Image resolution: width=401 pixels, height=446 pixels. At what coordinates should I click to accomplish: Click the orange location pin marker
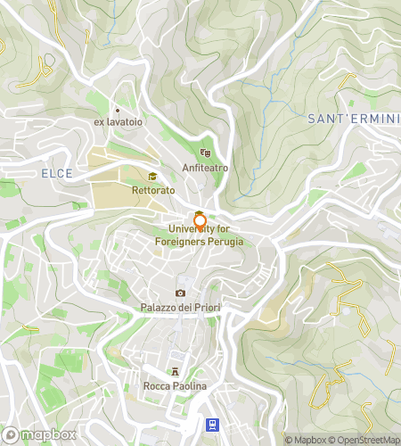200,220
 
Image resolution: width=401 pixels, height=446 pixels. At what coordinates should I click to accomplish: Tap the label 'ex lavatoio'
119,121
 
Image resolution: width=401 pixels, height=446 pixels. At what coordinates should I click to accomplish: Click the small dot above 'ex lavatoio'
117,110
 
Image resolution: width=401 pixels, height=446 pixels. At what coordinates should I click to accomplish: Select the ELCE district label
56,172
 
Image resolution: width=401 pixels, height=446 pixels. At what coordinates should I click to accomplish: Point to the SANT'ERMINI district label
353,119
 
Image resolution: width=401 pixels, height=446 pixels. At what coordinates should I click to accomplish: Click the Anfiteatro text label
205,167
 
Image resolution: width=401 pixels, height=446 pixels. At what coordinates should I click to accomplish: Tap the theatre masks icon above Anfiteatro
205,153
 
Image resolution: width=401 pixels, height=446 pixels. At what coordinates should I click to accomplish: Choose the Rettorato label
152,191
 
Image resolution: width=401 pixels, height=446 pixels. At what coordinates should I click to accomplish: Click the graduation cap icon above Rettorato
152,177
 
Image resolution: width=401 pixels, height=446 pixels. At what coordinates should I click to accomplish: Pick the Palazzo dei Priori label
180,308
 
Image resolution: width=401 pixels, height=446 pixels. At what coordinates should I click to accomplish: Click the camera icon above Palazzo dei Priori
180,293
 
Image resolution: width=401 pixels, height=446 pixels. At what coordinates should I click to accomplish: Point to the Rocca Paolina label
175,385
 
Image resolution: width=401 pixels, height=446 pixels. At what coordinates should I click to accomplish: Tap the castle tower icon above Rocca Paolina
175,371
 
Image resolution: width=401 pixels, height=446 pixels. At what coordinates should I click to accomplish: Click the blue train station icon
213,425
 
